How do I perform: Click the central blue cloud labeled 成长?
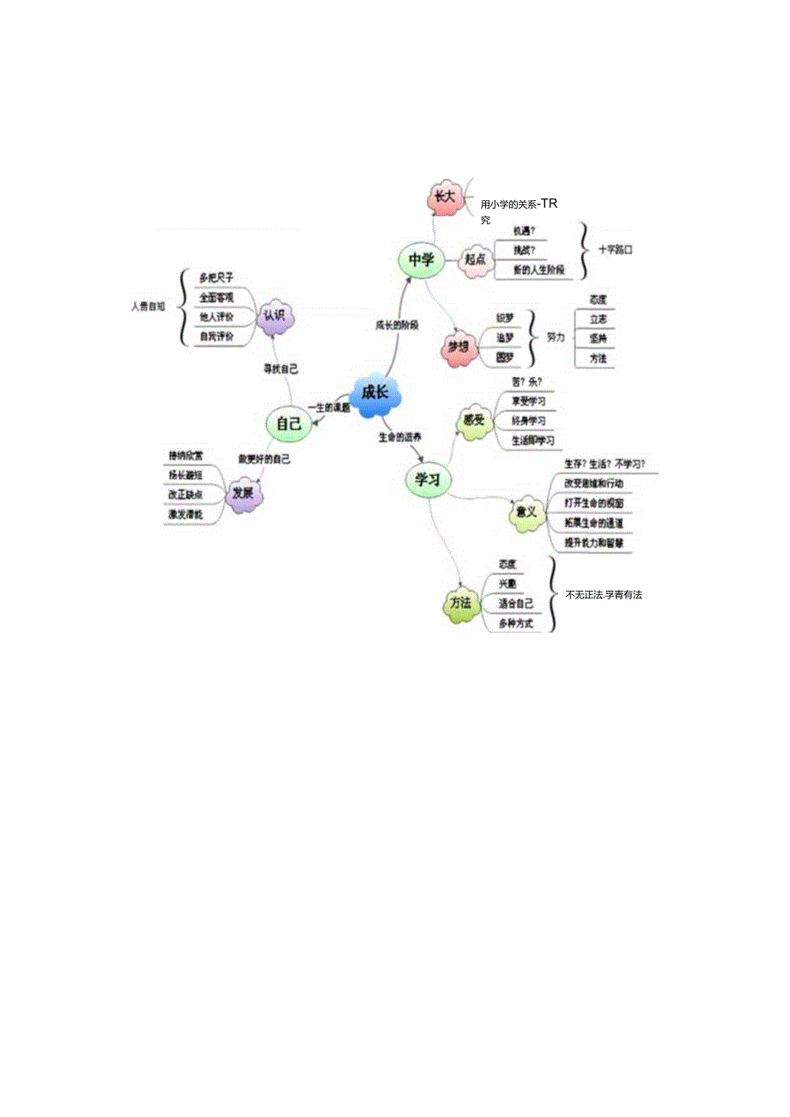(x=375, y=394)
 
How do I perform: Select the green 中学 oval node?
(x=421, y=261)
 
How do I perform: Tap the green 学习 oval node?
(x=428, y=480)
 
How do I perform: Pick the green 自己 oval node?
(x=289, y=423)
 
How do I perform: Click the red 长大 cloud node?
(x=444, y=197)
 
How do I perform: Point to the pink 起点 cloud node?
(x=475, y=259)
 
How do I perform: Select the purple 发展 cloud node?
(x=244, y=495)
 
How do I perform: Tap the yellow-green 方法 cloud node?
(x=461, y=604)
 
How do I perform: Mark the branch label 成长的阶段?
(x=397, y=325)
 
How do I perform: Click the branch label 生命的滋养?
(x=400, y=437)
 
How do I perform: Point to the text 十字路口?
(x=615, y=250)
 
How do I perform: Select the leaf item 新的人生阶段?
(x=538, y=270)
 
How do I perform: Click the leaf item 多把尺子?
(x=216, y=277)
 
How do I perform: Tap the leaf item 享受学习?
(x=528, y=402)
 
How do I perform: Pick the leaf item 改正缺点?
(x=186, y=495)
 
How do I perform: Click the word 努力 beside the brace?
(x=556, y=338)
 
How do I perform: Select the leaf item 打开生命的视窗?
(x=593, y=503)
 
